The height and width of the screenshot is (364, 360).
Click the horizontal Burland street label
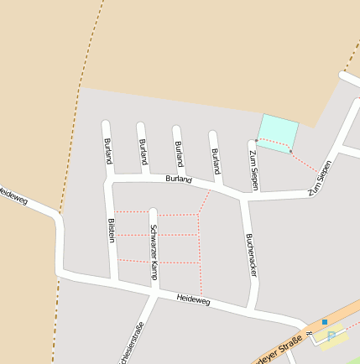[x=179, y=179]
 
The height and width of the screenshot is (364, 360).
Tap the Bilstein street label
[x=111, y=230]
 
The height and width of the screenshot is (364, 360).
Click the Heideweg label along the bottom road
[x=194, y=299]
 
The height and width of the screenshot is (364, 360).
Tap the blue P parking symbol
[x=331, y=336]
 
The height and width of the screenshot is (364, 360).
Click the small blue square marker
[x=325, y=321]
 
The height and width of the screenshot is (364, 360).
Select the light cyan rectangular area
[x=278, y=132]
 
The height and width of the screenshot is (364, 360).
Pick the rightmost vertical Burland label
[x=216, y=160]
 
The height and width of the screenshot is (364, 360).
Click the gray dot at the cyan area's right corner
[x=291, y=151]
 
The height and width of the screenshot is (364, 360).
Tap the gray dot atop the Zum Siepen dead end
[x=256, y=140]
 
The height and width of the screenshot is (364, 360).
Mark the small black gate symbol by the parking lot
[x=309, y=333]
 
